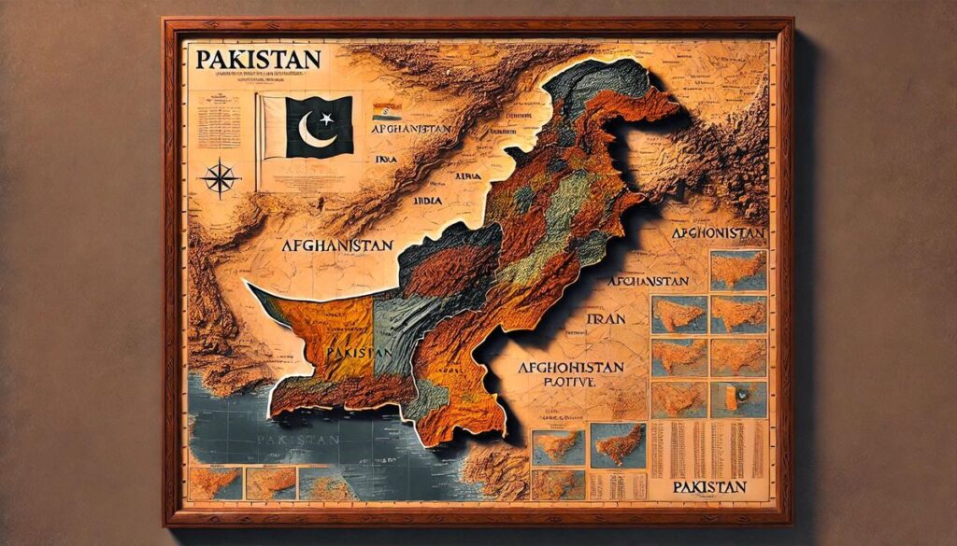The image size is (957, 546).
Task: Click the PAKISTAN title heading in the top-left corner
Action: tap(258, 59)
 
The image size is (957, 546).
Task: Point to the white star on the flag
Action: tap(326, 119)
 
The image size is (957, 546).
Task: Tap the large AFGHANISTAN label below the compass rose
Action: tap(336, 247)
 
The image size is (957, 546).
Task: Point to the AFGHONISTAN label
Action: tap(718, 232)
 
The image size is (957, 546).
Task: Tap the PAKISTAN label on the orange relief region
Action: tap(357, 353)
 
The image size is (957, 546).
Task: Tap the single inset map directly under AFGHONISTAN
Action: tap(737, 270)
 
